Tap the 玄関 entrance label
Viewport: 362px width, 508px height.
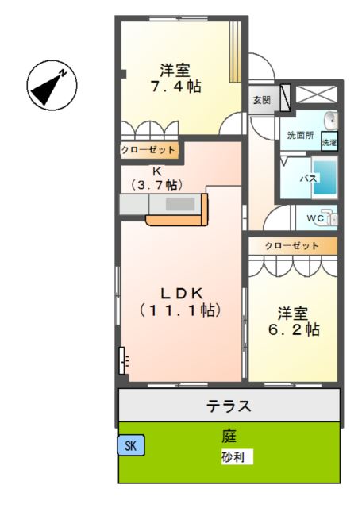pyautogui.click(x=262, y=100)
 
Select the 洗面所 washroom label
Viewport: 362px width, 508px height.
pyautogui.click(x=301, y=135)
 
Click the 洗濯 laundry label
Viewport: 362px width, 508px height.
pyautogui.click(x=329, y=143)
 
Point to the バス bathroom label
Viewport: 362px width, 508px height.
pyautogui.click(x=308, y=179)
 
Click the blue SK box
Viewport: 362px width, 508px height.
pyautogui.click(x=130, y=446)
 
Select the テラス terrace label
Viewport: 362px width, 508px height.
pyautogui.click(x=229, y=407)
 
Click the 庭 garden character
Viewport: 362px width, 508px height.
pyautogui.click(x=229, y=436)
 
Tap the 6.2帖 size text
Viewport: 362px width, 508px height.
pyautogui.click(x=293, y=328)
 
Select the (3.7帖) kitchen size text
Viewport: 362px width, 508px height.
pyautogui.click(x=157, y=183)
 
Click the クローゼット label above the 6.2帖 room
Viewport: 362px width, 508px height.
pyautogui.click(x=291, y=246)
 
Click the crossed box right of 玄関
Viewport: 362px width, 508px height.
pyautogui.click(x=315, y=94)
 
